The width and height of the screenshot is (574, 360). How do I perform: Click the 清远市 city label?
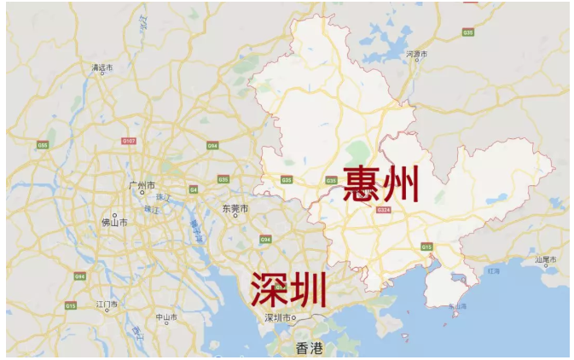coord(101,67)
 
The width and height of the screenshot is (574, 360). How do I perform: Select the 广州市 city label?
coord(142,185)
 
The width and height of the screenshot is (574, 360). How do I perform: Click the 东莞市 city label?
coord(235,208)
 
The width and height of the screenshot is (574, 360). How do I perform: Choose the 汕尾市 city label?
coord(546,258)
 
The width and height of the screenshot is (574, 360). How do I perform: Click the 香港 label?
coord(309,347)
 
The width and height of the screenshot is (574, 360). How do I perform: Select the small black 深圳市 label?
coord(279,317)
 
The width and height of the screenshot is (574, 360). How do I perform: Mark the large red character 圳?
coord(309,290)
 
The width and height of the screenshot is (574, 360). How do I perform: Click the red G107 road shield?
coord(129,141)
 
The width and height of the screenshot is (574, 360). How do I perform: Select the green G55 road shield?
coord(42,145)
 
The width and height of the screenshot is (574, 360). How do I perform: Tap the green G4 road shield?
coord(194,189)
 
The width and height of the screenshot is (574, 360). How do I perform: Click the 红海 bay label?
coord(493,270)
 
